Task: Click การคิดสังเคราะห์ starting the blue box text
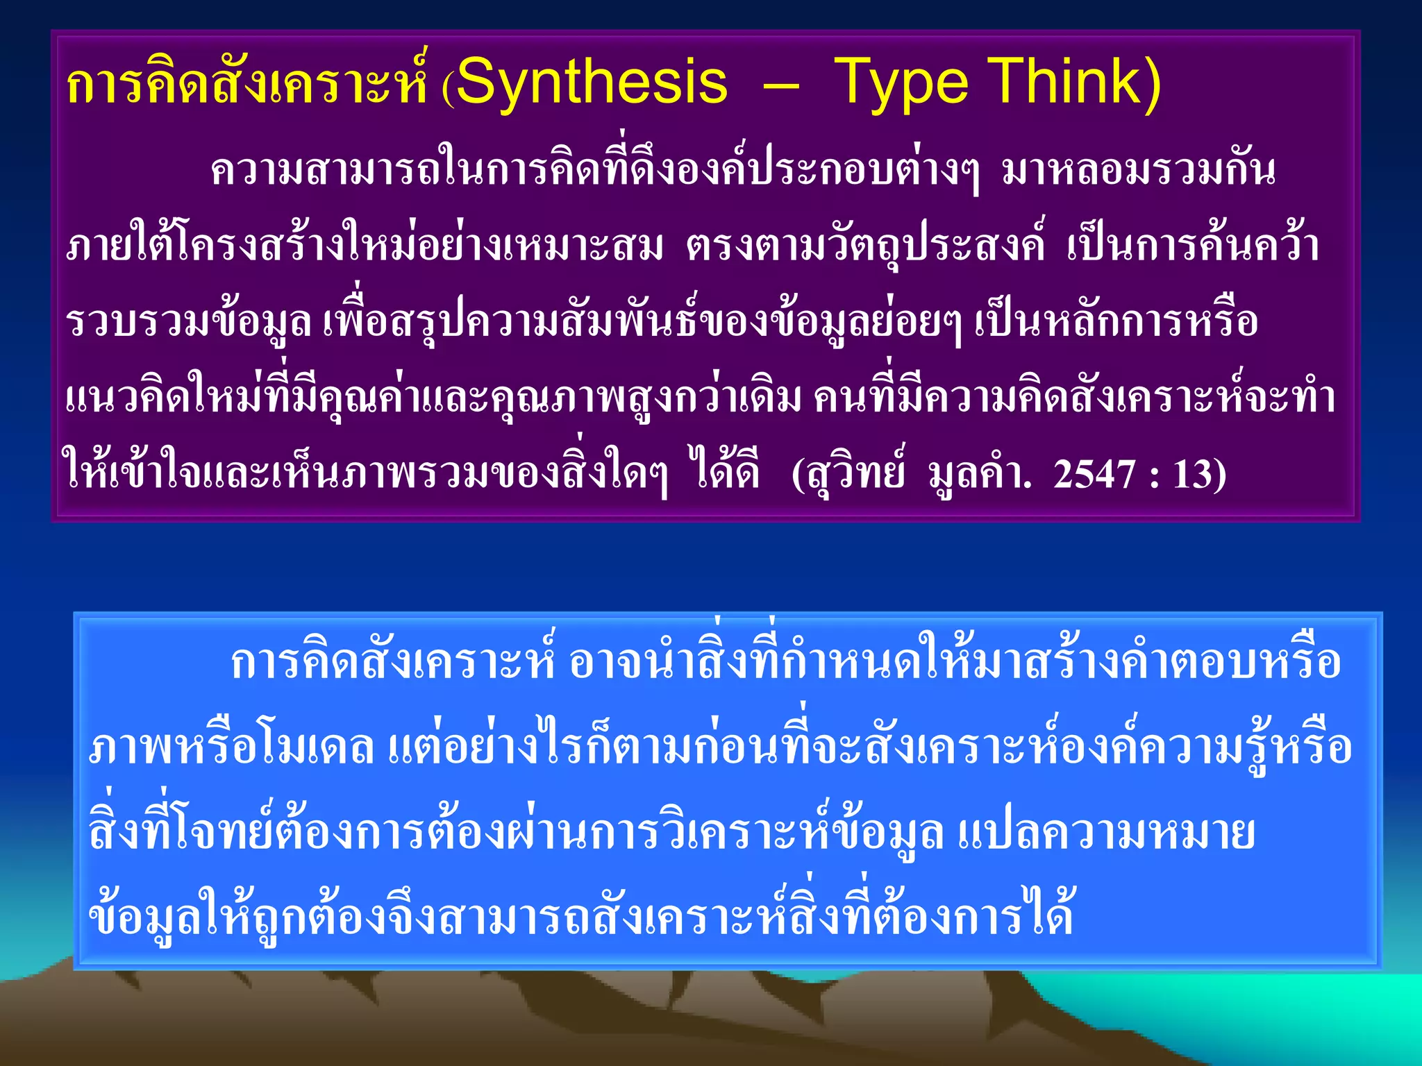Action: pos(392,663)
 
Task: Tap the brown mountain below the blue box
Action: pos(486,1027)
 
